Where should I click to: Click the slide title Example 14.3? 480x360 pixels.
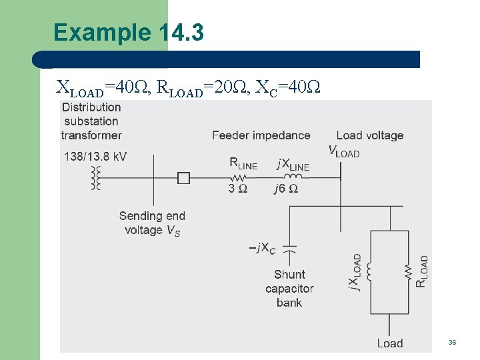point(128,33)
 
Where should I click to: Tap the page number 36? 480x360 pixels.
point(452,342)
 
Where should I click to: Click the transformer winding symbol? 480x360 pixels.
point(96,178)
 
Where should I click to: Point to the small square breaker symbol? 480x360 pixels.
point(183,178)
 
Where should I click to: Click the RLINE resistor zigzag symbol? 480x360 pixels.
point(239,178)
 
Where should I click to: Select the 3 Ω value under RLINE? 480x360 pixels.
point(238,189)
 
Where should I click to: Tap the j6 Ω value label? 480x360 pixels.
point(286,189)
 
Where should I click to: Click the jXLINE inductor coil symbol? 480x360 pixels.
point(294,177)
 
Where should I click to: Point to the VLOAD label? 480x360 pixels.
point(344,151)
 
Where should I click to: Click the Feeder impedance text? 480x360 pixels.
point(261,135)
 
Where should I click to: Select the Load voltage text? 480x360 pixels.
point(370,135)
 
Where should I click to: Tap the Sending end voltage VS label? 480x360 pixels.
point(152,223)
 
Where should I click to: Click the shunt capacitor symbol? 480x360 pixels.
point(289,249)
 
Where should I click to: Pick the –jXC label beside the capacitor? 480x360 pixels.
point(262,249)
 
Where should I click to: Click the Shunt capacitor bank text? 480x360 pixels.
point(289,288)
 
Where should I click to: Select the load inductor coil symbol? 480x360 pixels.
point(370,271)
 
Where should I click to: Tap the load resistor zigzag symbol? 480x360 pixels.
point(407,271)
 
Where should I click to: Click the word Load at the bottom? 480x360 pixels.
point(390,343)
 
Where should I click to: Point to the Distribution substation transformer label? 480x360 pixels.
point(91,121)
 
